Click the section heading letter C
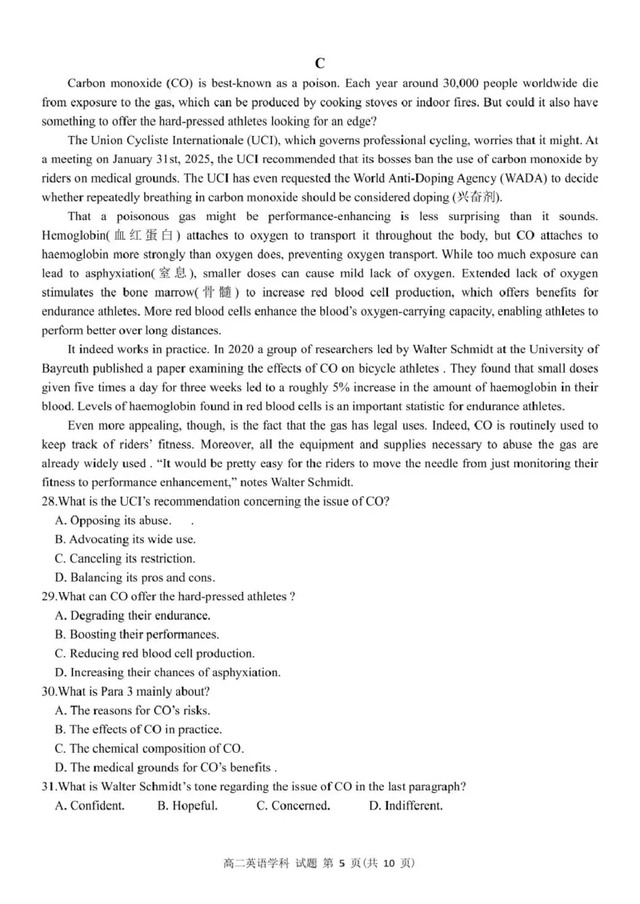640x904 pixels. point(319,63)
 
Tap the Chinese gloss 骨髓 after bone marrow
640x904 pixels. point(216,293)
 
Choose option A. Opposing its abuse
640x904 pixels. point(112,521)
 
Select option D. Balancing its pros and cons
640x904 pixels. point(135,578)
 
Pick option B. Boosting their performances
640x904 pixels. point(137,634)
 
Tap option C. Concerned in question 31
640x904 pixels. point(293,806)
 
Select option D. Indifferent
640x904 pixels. point(406,806)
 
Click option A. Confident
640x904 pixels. point(90,806)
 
